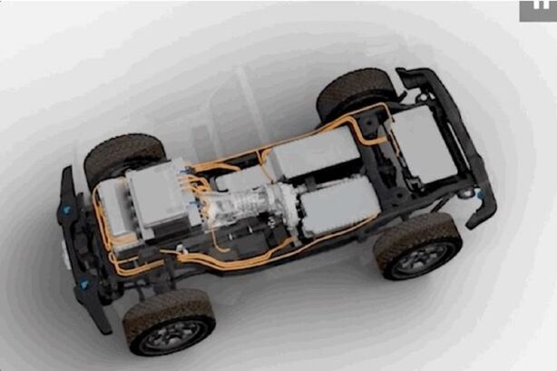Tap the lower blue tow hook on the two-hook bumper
[x=84, y=284]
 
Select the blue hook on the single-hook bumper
[x=469, y=193]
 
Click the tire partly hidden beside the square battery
[x=355, y=92]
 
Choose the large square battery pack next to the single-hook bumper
[x=423, y=142]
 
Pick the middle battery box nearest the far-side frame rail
[x=314, y=152]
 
